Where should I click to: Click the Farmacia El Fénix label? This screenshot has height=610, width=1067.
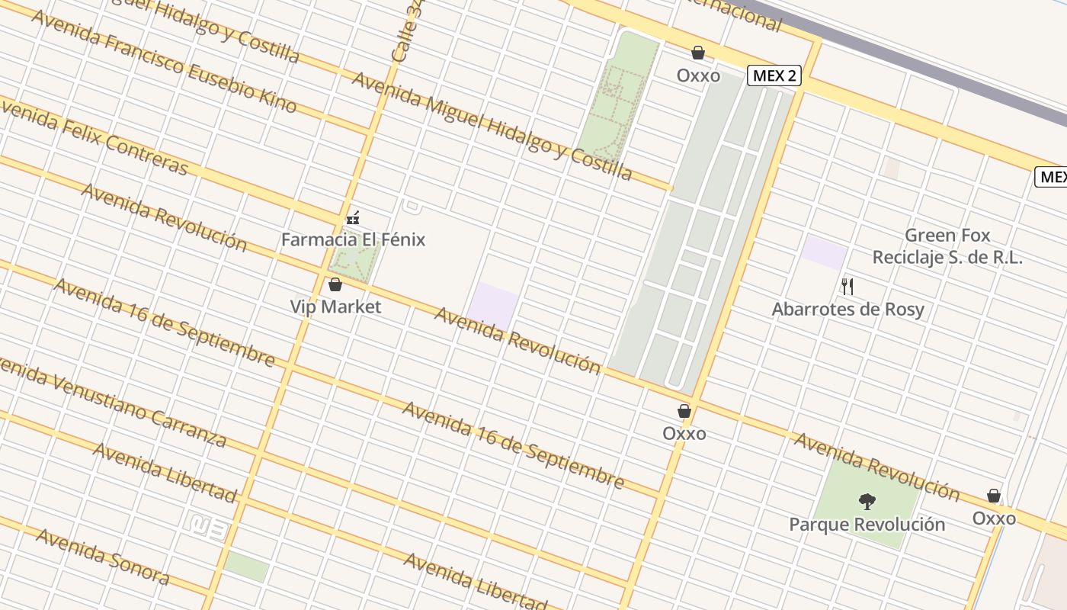(353, 239)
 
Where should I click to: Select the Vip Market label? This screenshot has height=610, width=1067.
(335, 307)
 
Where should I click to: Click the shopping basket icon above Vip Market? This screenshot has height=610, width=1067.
(335, 285)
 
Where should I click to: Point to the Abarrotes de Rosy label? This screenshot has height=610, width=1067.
(848, 310)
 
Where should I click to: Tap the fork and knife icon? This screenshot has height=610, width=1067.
(847, 287)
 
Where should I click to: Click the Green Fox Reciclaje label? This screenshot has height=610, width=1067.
(947, 246)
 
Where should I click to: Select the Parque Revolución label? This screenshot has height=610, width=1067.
(867, 525)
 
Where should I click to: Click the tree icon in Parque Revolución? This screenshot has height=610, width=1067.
(867, 502)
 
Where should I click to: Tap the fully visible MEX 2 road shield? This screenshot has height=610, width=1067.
(774, 75)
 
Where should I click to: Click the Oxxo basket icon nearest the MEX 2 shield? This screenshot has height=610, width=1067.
(697, 53)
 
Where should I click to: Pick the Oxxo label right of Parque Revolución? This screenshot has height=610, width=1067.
(993, 518)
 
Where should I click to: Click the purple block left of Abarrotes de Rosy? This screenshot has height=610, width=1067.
(824, 252)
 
